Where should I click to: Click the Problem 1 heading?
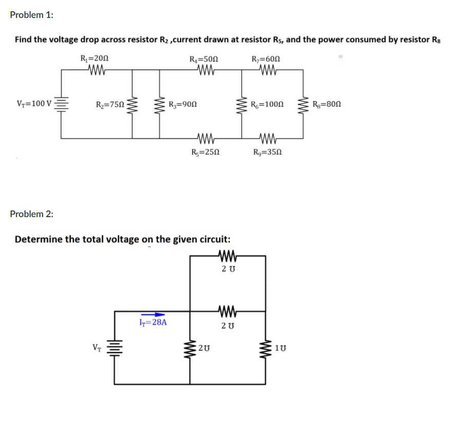point(31,15)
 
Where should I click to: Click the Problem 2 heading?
point(31,214)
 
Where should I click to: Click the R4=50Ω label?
point(204,59)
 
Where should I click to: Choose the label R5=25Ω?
point(205,152)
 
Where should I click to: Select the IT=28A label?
point(153,323)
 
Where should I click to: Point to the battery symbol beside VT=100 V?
point(62,104)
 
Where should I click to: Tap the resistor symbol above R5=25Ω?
point(205,138)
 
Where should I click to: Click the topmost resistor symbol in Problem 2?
point(226,255)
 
